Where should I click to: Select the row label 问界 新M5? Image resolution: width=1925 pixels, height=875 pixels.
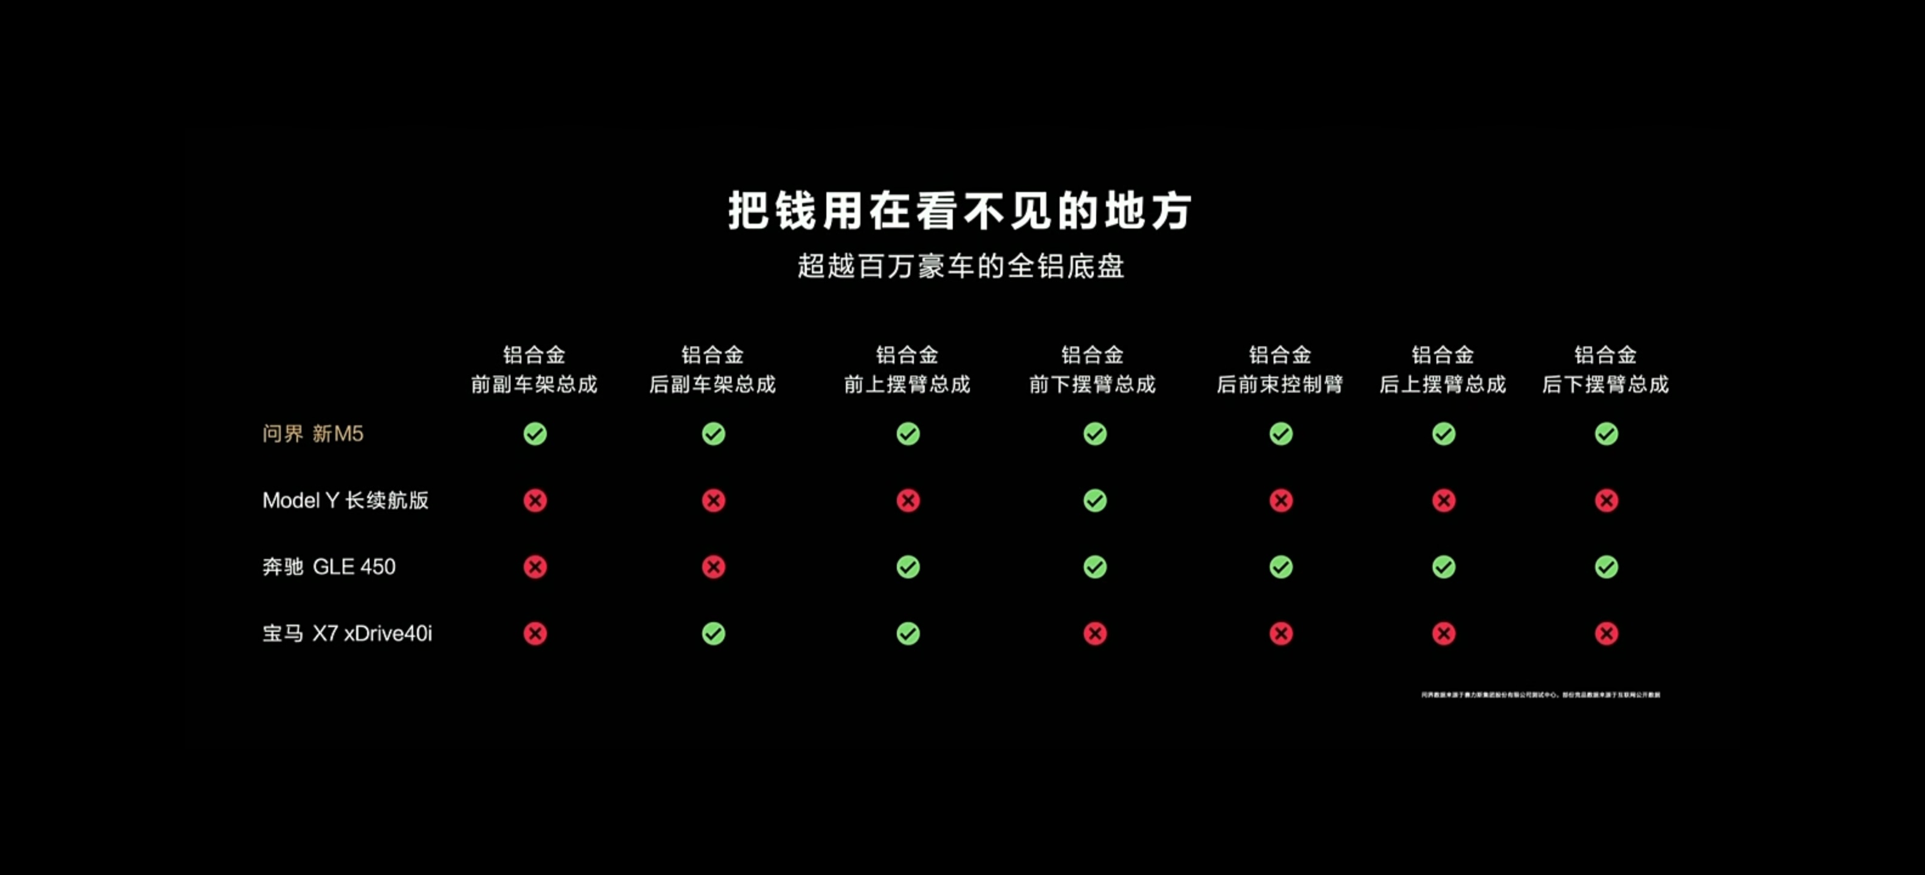[312, 433]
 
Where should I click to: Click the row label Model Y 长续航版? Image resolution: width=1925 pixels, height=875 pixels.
[345, 500]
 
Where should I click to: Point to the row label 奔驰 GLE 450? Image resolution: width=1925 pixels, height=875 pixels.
[329, 566]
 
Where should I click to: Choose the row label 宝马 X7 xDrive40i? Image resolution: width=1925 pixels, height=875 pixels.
[347, 633]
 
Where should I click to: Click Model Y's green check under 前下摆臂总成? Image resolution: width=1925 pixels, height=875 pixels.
[1095, 500]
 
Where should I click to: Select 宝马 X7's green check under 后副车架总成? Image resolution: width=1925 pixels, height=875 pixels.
[713, 634]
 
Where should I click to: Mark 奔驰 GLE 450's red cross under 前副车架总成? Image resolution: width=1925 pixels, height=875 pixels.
[535, 566]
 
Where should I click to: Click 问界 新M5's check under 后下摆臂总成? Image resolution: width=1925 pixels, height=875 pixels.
[1607, 433]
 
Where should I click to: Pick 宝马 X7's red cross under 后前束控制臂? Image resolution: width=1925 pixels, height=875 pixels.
[1281, 634]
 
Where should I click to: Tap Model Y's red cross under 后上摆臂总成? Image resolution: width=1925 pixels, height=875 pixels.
[1444, 500]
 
